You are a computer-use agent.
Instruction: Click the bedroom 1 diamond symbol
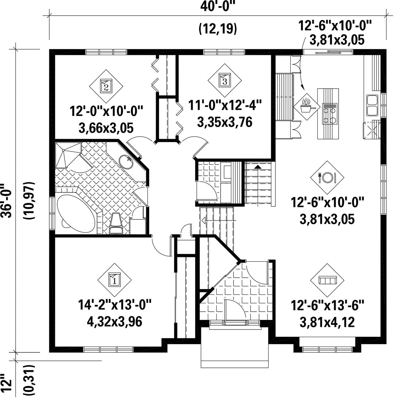pos(115,280)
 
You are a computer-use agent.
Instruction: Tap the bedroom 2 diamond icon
pos(106,86)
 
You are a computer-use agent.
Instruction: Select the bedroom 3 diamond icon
pos(225,80)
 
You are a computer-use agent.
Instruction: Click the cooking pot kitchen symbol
pos(307,107)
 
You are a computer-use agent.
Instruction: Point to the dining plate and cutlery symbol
pos(327,177)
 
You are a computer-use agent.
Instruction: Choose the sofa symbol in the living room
pos(327,280)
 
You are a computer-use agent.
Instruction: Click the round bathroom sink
pos(126,161)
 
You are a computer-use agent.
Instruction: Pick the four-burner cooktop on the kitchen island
pos(329,113)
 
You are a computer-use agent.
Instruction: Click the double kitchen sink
pos(372,105)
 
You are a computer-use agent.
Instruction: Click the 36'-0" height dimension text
pos(7,200)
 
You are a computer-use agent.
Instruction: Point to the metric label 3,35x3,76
pos(225,122)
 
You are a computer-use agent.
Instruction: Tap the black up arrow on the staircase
pos(258,167)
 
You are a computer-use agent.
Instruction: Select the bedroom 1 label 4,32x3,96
pos(114,321)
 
